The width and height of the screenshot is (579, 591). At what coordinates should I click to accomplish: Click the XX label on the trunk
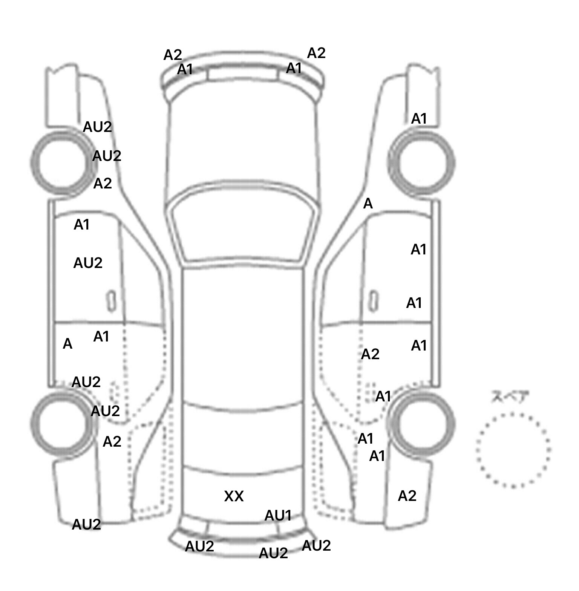(234, 496)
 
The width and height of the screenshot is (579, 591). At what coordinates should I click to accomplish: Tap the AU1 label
(278, 516)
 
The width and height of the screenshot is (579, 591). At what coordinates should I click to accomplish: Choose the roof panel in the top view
(243, 335)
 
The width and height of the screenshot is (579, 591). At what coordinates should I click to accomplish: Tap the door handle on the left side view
(111, 301)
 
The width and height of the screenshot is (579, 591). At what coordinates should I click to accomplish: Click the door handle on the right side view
(373, 301)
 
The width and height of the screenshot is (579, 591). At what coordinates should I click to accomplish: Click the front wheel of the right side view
(422, 163)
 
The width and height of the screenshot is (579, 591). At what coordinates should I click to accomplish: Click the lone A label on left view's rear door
(67, 344)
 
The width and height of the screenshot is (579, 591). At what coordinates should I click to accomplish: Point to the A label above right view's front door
(368, 204)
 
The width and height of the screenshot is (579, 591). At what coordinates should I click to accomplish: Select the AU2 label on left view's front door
(88, 263)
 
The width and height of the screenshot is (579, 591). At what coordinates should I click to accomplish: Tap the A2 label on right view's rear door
(370, 354)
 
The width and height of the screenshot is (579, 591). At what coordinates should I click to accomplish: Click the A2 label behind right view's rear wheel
(407, 496)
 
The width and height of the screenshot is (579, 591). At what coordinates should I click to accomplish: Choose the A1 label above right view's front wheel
(419, 119)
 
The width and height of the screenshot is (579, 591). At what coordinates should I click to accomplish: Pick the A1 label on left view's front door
(81, 225)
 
